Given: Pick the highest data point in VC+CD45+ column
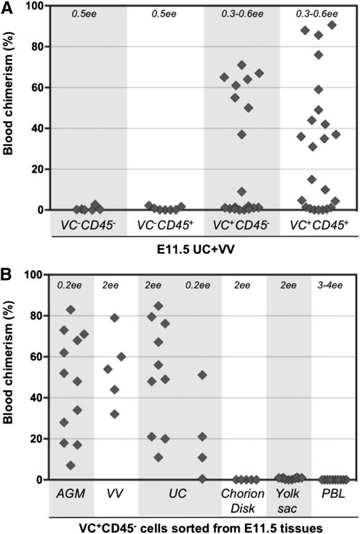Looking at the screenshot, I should click(x=332, y=26).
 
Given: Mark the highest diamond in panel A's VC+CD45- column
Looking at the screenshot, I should click(x=242, y=65).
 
